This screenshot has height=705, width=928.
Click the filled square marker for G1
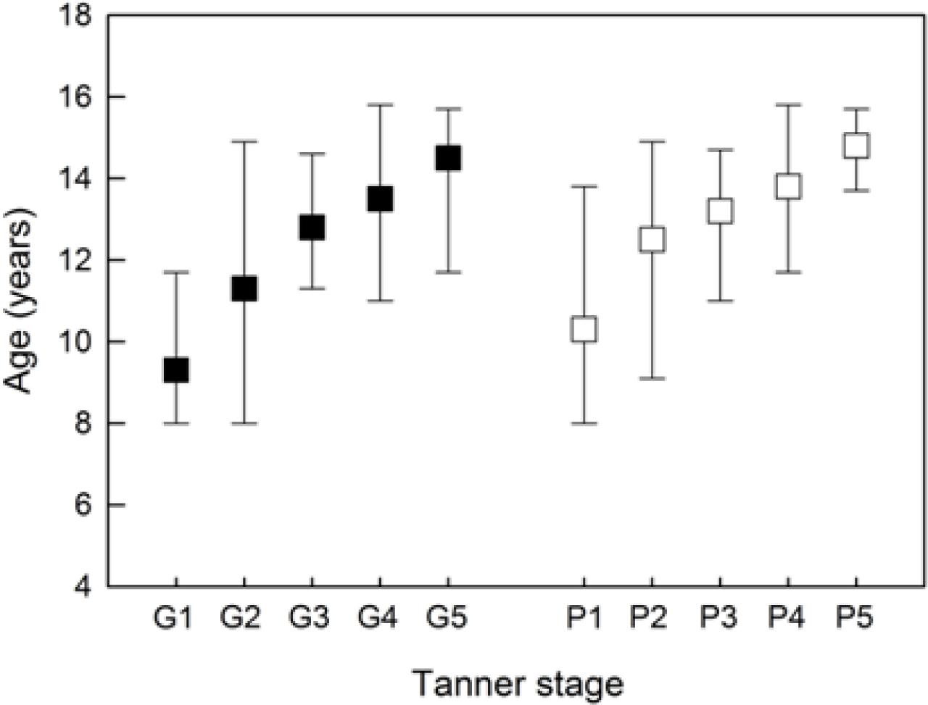click(175, 370)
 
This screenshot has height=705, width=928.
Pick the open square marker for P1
click(584, 329)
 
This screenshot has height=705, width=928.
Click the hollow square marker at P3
click(720, 211)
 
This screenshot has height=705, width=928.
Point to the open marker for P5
click(856, 146)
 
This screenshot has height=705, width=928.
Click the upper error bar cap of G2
click(244, 141)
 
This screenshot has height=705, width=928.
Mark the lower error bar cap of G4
click(379, 301)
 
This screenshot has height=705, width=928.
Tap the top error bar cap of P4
click(788, 104)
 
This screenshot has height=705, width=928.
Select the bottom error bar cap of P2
click(652, 378)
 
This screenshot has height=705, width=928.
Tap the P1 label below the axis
click(584, 618)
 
